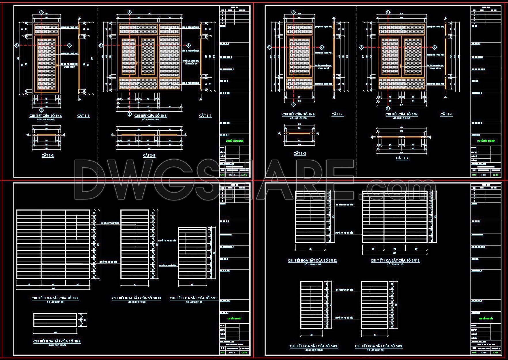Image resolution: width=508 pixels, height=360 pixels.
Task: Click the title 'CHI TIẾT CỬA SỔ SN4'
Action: click(46, 116)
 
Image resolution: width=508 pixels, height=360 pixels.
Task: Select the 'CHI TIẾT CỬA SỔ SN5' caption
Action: click(150, 116)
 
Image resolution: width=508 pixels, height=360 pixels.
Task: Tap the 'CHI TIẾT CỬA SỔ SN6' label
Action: click(298, 114)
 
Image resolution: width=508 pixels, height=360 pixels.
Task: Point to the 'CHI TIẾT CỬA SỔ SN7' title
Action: click(401, 114)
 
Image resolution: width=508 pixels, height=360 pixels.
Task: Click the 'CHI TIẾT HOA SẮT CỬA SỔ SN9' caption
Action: click(55, 298)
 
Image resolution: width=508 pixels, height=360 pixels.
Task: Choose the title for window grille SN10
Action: click(137, 298)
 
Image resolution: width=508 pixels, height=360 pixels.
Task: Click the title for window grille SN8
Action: click(57, 341)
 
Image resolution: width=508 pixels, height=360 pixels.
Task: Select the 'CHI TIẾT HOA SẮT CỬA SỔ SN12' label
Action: click(312, 260)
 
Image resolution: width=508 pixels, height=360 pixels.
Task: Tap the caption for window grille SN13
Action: click(395, 260)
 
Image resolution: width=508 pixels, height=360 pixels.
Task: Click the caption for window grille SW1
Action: click(314, 346)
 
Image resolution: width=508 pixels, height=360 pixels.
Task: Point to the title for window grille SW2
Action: click(379, 346)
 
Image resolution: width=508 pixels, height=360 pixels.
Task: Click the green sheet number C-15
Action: click(244, 175)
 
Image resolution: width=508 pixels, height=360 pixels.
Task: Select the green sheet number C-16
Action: click(496, 175)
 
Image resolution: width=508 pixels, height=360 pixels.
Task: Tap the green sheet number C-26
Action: click(244, 353)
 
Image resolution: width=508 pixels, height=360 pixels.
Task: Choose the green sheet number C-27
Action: click(496, 353)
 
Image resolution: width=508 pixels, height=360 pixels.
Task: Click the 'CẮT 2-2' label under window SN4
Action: click(48, 155)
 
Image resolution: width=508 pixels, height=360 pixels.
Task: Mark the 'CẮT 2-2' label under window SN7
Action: click(402, 158)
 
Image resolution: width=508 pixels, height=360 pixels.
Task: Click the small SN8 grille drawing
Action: click(55, 320)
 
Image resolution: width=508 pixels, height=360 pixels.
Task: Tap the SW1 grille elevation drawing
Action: click(312, 305)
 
